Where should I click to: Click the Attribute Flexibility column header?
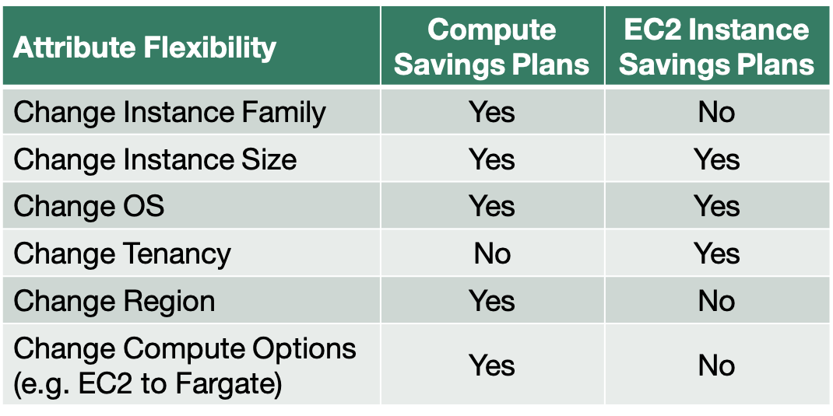click(x=145, y=47)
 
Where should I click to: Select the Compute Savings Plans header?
click(x=492, y=47)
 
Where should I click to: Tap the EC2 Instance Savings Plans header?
click(x=717, y=47)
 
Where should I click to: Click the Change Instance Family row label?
click(x=170, y=113)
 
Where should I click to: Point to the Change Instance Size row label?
click(x=155, y=159)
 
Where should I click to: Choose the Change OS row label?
click(x=89, y=206)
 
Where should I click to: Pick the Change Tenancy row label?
click(x=122, y=254)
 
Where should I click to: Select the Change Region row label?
click(x=114, y=301)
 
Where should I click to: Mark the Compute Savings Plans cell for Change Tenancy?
click(x=492, y=253)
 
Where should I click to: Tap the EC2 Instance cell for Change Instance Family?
click(x=717, y=113)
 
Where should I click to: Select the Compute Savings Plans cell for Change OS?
click(x=492, y=206)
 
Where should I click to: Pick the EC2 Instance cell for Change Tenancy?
click(x=717, y=253)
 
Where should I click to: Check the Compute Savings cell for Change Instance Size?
click(x=492, y=159)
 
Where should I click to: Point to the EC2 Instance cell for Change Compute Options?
click(x=717, y=365)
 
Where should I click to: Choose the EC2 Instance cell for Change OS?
click(x=717, y=206)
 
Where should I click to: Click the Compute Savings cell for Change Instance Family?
click(x=492, y=113)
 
